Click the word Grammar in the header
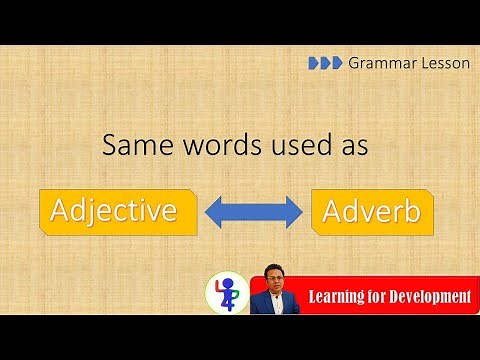click(378, 62)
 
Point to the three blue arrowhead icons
click(324, 62)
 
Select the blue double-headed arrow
click(253, 211)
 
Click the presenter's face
click(275, 277)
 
